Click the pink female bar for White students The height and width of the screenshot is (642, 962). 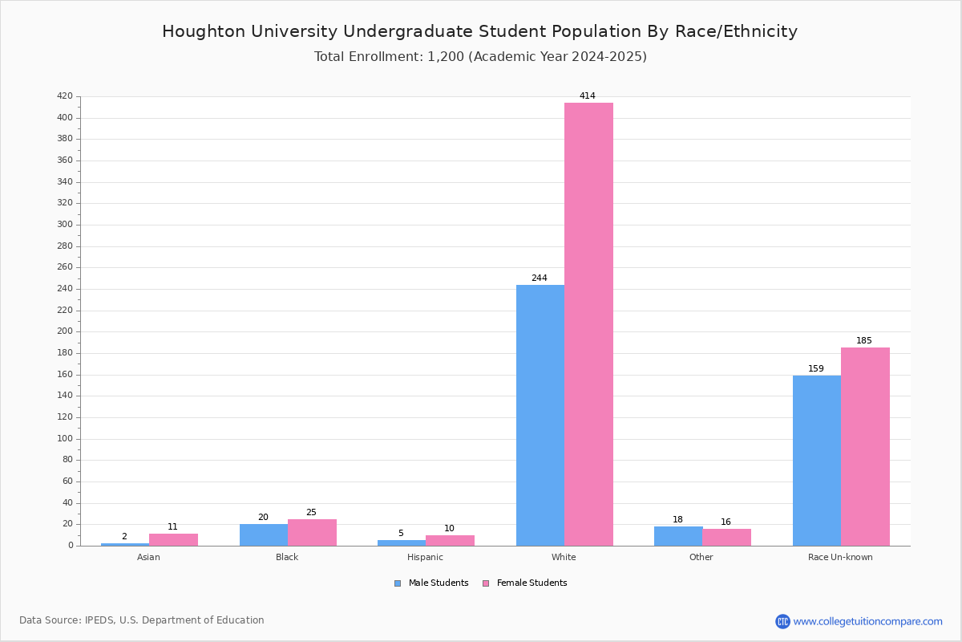click(588, 324)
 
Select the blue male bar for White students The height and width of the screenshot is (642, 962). click(540, 416)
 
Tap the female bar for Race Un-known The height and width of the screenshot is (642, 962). click(865, 447)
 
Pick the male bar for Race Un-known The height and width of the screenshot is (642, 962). click(817, 461)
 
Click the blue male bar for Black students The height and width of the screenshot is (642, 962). click(264, 535)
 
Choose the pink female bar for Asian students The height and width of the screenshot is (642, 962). click(173, 539)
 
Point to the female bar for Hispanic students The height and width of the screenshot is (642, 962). click(450, 541)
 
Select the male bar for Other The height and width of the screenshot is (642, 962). click(678, 536)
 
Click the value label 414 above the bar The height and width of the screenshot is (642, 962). click(588, 95)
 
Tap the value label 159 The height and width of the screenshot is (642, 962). click(816, 368)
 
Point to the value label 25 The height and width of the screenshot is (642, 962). click(311, 512)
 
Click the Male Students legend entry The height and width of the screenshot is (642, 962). click(431, 583)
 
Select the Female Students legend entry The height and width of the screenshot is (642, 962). click(525, 583)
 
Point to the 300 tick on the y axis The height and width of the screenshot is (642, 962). click(65, 225)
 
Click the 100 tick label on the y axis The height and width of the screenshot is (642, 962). click(65, 439)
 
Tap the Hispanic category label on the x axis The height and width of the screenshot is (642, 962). click(425, 557)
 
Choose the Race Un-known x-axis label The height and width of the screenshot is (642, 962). click(840, 557)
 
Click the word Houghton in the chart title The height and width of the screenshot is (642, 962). click(204, 31)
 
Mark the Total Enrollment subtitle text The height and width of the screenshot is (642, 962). click(480, 57)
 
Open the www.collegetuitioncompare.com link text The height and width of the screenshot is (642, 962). click(868, 621)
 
